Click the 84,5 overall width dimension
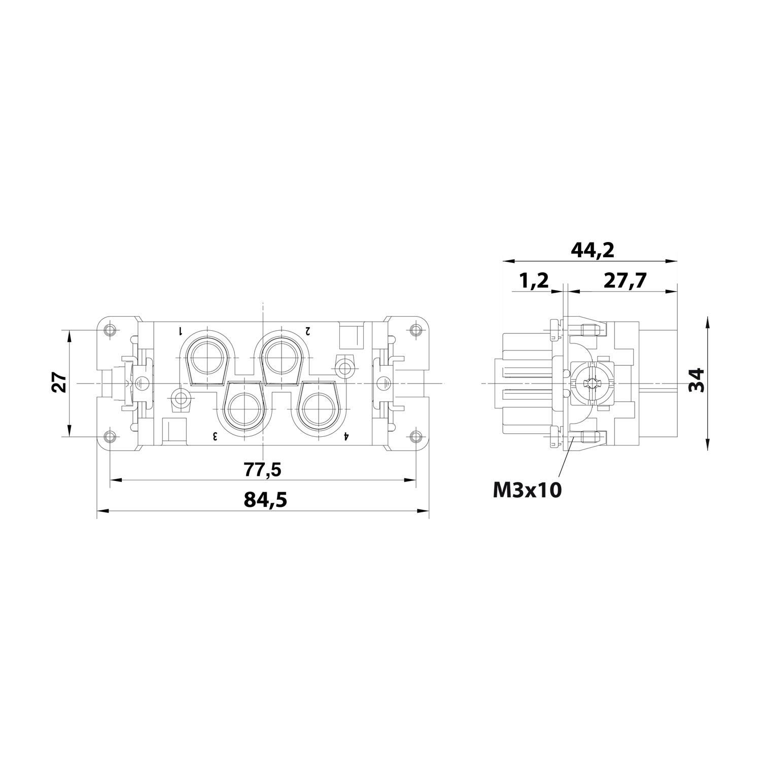tap(265, 500)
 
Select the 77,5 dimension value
tap(262, 470)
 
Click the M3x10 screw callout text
tap(527, 490)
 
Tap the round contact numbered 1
tap(207, 358)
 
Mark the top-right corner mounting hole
tap(416, 331)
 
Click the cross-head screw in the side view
tap(591, 383)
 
